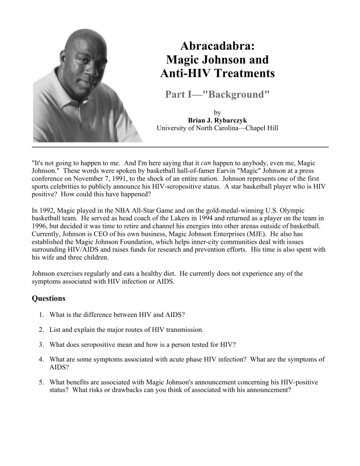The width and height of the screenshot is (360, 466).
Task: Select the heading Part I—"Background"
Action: coord(217,94)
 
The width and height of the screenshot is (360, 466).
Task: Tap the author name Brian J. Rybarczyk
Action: coord(217,120)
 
